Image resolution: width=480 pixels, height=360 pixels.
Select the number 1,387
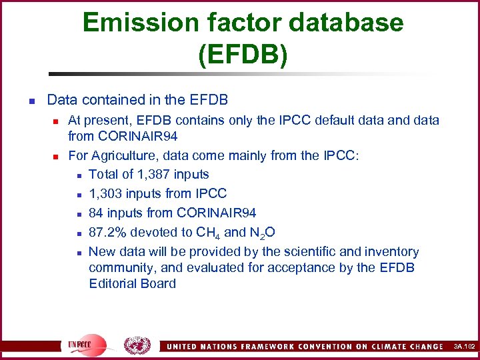(x=153, y=175)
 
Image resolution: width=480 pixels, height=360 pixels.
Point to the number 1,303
(x=105, y=194)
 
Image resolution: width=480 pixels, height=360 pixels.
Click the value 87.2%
(x=109, y=233)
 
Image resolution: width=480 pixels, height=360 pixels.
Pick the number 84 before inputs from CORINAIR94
(x=96, y=213)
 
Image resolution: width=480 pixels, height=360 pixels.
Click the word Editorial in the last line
(x=113, y=283)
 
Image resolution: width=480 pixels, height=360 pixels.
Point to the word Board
(x=158, y=283)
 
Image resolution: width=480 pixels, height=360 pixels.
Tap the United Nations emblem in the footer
(x=137, y=345)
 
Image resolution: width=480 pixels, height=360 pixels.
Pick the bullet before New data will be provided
(x=78, y=253)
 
